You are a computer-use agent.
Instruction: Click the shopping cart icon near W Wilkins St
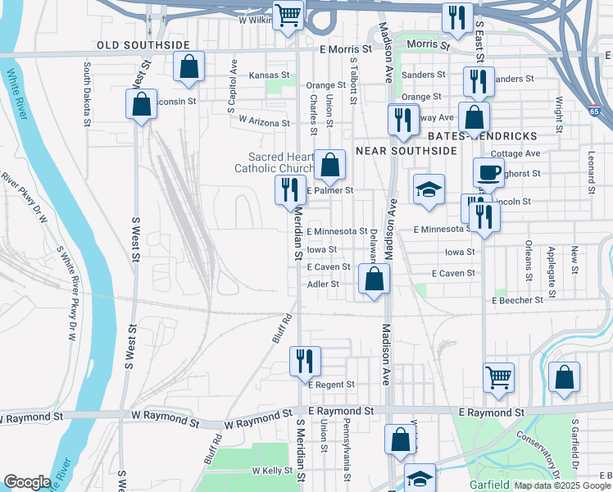[288, 16]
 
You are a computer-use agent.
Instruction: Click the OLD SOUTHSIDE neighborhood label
[143, 44]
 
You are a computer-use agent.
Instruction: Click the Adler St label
[323, 285]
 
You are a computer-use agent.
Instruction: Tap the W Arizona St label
[265, 121]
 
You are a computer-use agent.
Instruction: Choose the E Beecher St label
[517, 301]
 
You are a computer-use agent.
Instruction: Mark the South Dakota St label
[87, 93]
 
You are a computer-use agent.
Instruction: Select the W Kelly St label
[273, 471]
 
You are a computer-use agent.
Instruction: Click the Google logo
[27, 482]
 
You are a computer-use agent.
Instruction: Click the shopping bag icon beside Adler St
[374, 279]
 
